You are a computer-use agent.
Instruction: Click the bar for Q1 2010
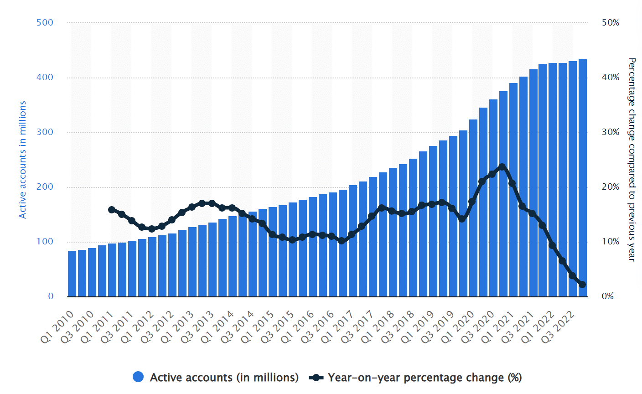(x=72, y=274)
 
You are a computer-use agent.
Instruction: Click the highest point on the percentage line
(x=502, y=167)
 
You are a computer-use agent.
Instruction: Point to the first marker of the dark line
(x=112, y=210)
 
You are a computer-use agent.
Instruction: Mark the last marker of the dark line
(x=582, y=285)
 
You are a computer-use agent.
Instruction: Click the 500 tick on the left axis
(x=45, y=22)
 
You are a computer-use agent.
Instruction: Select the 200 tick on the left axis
(x=45, y=187)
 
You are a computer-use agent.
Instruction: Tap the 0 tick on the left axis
(x=51, y=296)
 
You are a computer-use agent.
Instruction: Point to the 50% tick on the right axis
(x=611, y=22)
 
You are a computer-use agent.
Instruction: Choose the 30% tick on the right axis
(x=611, y=132)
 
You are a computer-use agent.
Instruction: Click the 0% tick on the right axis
(x=608, y=296)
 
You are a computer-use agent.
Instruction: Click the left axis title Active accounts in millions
(x=23, y=160)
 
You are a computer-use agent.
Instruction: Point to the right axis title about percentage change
(x=632, y=160)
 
